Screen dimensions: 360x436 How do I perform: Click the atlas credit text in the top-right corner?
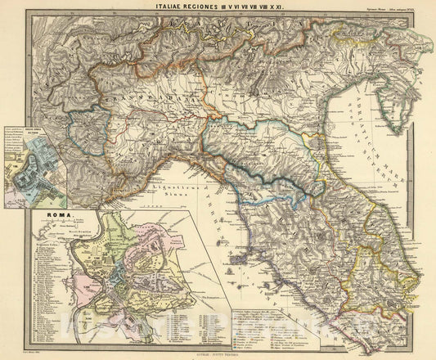click(399, 7)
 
